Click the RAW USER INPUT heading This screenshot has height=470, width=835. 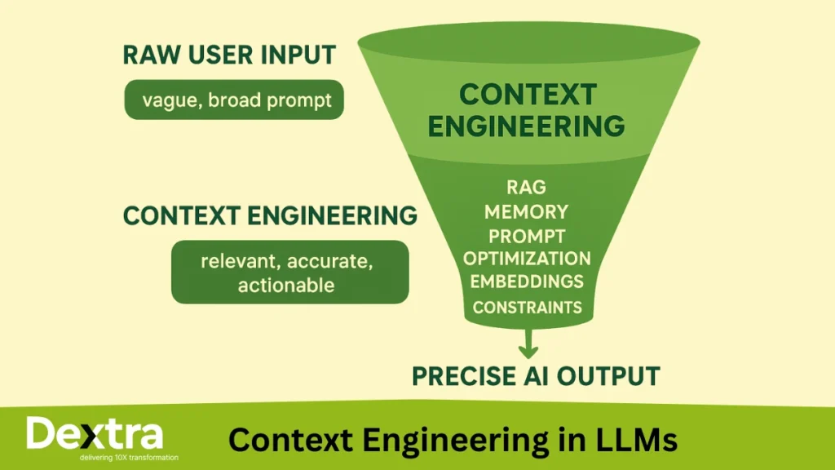[229, 55]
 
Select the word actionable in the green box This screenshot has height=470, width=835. [285, 285]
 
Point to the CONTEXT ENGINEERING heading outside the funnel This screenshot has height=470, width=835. [270, 215]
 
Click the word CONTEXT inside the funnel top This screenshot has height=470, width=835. [527, 95]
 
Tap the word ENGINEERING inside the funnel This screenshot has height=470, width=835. [527, 126]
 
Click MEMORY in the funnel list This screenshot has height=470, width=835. [526, 212]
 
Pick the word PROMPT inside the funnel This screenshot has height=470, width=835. [526, 236]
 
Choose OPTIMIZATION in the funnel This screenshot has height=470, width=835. [527, 259]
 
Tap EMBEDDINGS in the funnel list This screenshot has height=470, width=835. [527, 282]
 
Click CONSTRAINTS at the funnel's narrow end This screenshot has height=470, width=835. [527, 308]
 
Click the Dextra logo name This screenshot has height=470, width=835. [94, 434]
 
